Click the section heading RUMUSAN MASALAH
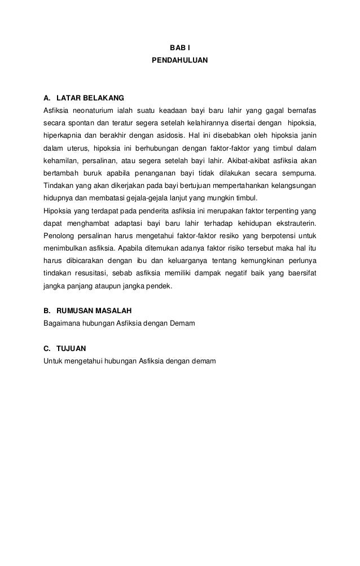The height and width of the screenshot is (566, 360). click(x=94, y=311)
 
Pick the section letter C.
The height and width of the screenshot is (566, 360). click(x=46, y=349)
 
